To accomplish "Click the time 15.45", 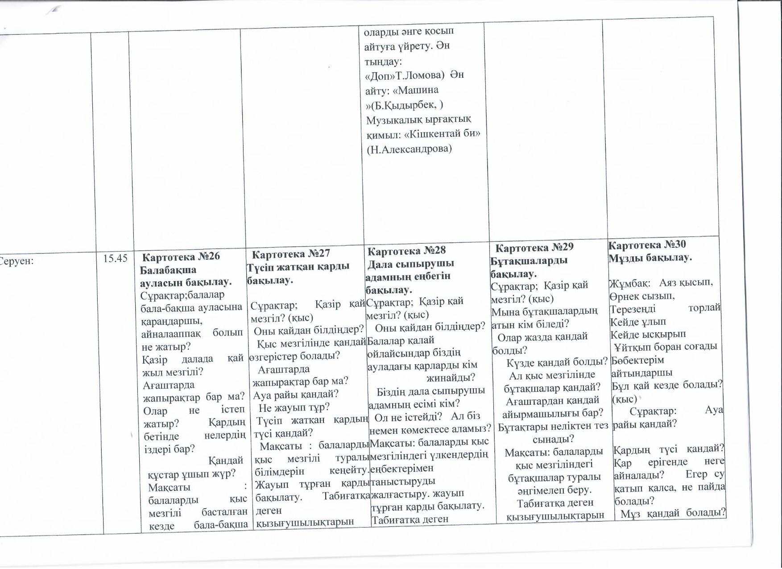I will pyautogui.click(x=115, y=258).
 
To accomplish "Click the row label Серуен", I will pyautogui.click(x=18, y=261).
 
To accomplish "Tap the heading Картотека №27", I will pyautogui.click(x=291, y=253).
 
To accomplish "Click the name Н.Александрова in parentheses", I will pyautogui.click(x=409, y=149).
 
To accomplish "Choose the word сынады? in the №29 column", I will pyautogui.click(x=553, y=439).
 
